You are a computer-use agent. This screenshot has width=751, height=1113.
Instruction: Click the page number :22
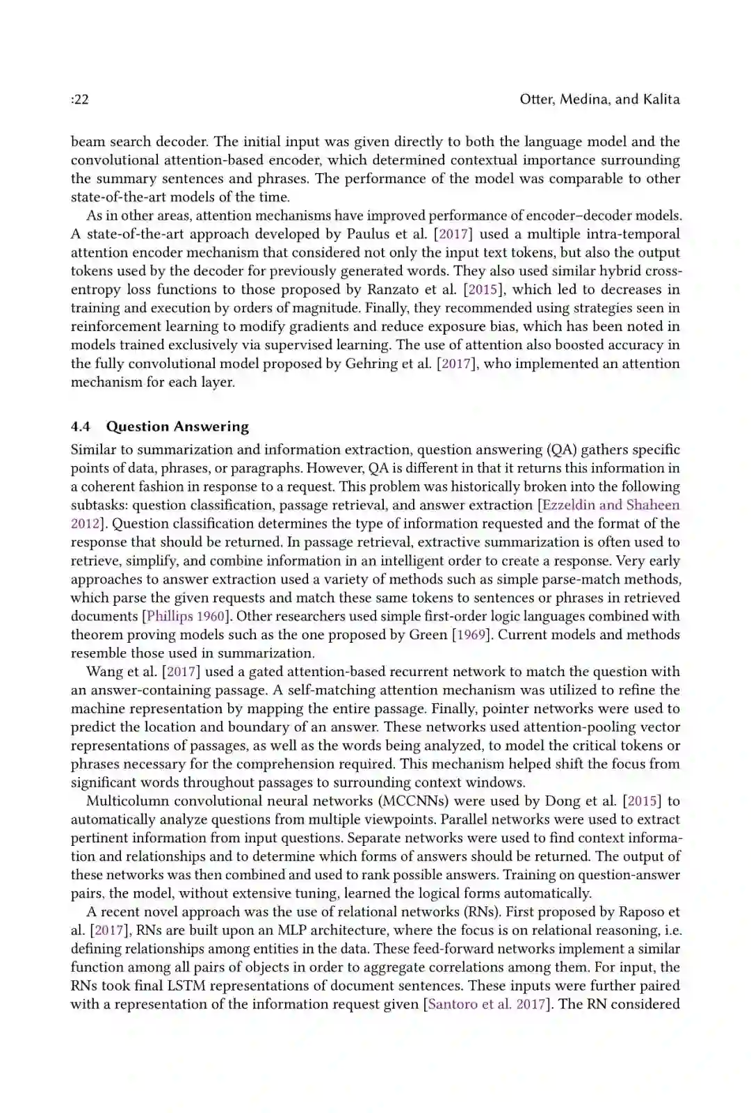[79, 99]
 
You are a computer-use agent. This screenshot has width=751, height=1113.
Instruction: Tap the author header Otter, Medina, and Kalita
[599, 99]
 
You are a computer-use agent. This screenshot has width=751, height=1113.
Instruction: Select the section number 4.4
[81, 426]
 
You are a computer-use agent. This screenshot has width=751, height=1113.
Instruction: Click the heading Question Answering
[177, 426]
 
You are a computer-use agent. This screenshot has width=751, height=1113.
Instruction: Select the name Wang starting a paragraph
[104, 671]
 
